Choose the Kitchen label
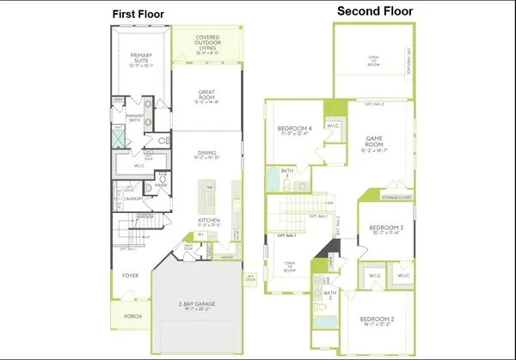point(209,221)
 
